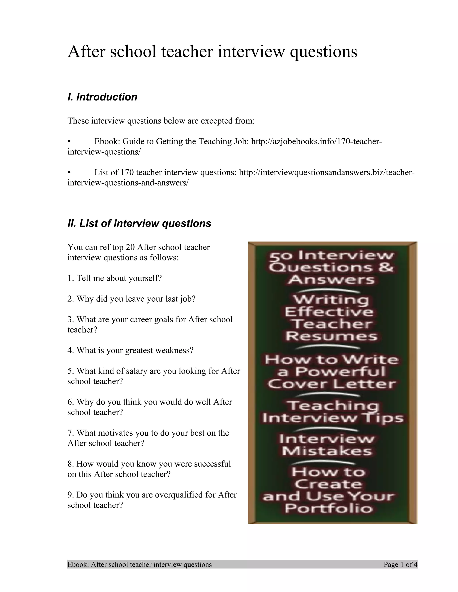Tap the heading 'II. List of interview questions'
pyautogui.click(x=139, y=224)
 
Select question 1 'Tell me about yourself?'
pyautogui.click(x=114, y=278)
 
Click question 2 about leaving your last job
pyautogui.click(x=131, y=299)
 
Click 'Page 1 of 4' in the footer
pyautogui.click(x=400, y=565)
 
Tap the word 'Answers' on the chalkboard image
pyautogui.click(x=331, y=280)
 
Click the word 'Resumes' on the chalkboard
pyautogui.click(x=331, y=336)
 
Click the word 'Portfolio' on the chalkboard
pyautogui.click(x=329, y=508)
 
